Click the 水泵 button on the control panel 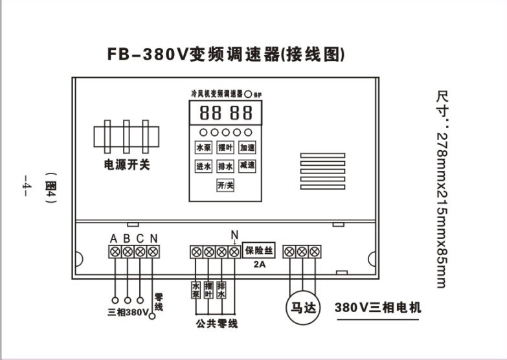[204, 148]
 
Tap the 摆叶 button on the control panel [225, 148]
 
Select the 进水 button [204, 166]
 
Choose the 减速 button [247, 166]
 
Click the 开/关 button [225, 185]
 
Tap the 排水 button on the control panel [225, 166]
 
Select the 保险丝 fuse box [260, 250]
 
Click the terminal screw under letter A [115, 251]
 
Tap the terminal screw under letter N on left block [153, 251]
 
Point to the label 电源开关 [127, 165]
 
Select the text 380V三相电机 [377, 308]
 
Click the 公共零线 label [217, 323]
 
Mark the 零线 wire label [159, 301]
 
